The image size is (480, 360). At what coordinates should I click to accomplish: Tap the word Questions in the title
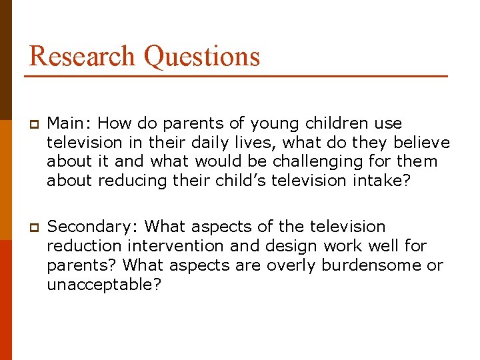tap(201, 57)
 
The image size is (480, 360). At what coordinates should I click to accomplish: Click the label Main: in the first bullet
tap(69, 123)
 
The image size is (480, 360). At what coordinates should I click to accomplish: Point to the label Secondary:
tap(93, 227)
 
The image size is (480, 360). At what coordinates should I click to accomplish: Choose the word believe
tap(421, 143)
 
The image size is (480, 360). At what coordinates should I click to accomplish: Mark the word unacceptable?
tap(104, 285)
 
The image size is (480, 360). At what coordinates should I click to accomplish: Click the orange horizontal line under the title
tap(236, 77)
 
